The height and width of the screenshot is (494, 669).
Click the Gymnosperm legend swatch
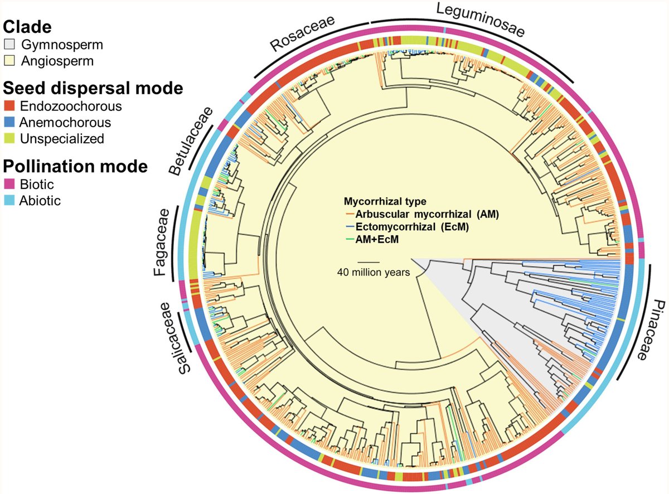point(9,45)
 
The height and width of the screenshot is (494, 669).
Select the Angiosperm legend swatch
point(9,61)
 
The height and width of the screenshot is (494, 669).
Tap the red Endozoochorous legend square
point(9,106)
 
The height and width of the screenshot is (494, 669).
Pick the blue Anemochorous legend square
point(9,122)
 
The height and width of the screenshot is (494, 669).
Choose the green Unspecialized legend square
point(9,138)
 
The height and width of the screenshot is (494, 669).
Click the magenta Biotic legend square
point(9,184)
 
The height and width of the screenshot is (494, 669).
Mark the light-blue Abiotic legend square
point(9,200)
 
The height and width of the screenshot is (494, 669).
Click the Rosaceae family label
point(302,33)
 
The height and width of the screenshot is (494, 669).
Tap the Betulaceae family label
point(191,141)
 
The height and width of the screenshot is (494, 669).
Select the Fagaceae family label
point(161,243)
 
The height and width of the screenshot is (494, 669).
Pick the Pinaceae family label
point(651,330)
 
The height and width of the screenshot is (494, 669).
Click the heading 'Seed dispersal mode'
point(93,88)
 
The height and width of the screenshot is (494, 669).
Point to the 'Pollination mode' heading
point(75,166)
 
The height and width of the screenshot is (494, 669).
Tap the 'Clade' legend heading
point(27,27)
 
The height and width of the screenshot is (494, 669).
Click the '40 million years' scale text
point(374,272)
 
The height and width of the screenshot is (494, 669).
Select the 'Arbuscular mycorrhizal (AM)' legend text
point(427,214)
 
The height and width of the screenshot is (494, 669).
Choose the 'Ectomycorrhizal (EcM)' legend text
point(413,226)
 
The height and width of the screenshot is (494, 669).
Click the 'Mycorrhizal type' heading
point(385,201)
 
